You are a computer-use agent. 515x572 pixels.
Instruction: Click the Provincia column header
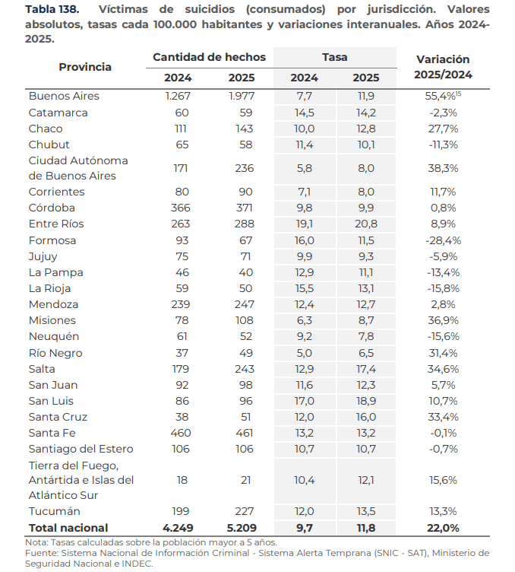pyautogui.click(x=85, y=67)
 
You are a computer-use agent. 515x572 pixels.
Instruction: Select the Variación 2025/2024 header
pyautogui.click(x=443, y=67)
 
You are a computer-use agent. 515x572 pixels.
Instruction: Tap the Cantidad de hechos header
pyautogui.click(x=209, y=57)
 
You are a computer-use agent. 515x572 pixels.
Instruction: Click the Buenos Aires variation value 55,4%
pyautogui.click(x=441, y=97)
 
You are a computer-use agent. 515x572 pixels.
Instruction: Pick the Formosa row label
pyautogui.click(x=52, y=241)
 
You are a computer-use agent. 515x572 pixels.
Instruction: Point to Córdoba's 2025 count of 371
pyautogui.click(x=244, y=208)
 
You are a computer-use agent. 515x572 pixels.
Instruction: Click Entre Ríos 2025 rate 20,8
pyautogui.click(x=366, y=224)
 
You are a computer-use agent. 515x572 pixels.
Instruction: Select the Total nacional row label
pyautogui.click(x=68, y=528)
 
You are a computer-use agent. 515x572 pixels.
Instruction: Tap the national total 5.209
pyautogui.click(x=242, y=528)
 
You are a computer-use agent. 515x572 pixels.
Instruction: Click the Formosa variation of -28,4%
pyautogui.click(x=443, y=241)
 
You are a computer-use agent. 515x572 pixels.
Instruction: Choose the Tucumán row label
pyautogui.click(x=54, y=511)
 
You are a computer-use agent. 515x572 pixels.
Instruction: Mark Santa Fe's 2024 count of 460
pyautogui.click(x=180, y=433)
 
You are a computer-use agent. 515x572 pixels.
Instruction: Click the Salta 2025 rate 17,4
pyautogui.click(x=366, y=369)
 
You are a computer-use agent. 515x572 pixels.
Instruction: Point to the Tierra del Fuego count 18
pyautogui.click(x=182, y=480)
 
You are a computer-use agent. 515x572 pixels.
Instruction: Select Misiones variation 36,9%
pyautogui.click(x=443, y=320)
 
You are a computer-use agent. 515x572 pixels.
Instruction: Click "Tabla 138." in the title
pyautogui.click(x=52, y=9)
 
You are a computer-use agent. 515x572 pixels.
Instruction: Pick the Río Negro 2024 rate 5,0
pyautogui.click(x=304, y=353)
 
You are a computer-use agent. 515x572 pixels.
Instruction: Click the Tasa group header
pyautogui.click(x=335, y=57)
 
